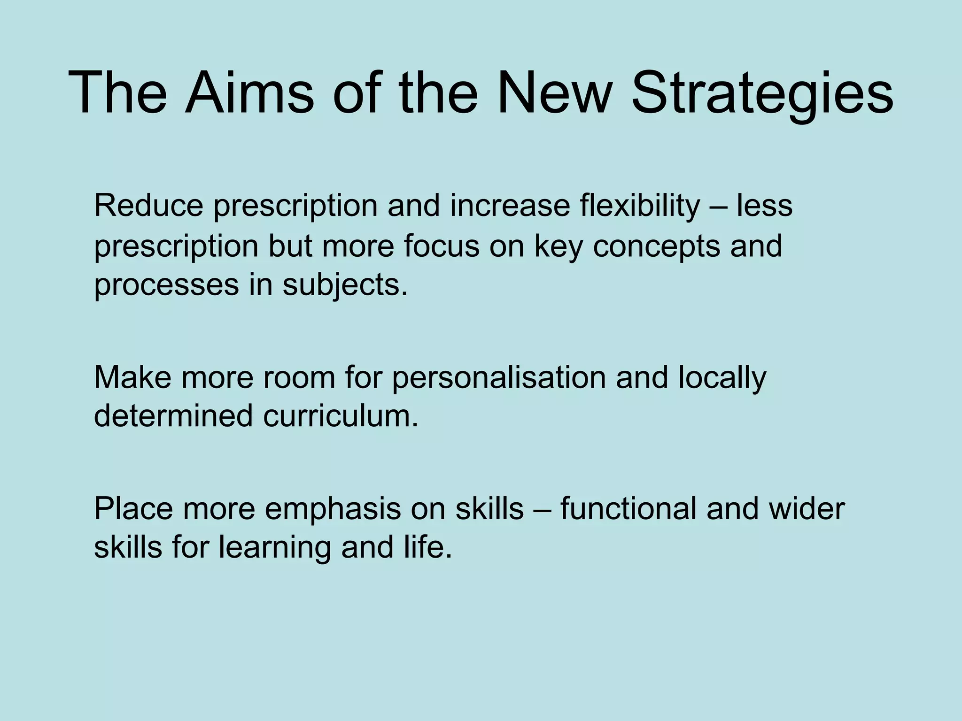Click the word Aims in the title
(249, 92)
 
